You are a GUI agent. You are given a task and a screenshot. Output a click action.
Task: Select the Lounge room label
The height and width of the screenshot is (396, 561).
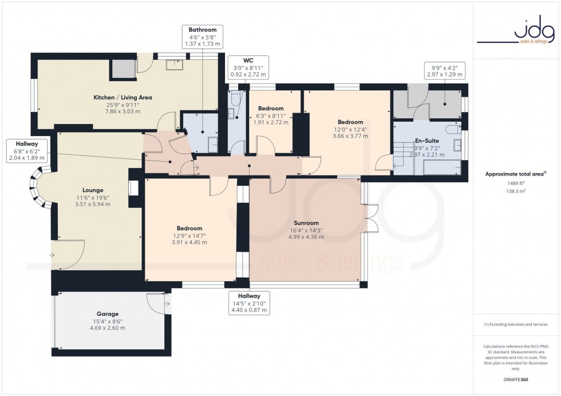click(x=92, y=190)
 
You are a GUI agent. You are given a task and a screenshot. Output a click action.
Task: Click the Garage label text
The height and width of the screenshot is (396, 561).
click(x=107, y=314)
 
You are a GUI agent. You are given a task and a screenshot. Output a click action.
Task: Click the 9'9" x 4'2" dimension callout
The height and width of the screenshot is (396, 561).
click(x=444, y=70)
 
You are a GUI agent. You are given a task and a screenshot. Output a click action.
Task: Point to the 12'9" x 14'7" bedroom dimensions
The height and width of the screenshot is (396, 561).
click(x=189, y=238)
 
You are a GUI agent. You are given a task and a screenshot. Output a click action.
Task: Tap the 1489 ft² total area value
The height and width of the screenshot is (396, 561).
click(x=516, y=183)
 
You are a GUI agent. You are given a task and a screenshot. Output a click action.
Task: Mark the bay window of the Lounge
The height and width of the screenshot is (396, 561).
click(x=38, y=187)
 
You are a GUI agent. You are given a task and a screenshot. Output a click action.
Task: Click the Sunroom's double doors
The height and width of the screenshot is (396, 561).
click(x=370, y=218)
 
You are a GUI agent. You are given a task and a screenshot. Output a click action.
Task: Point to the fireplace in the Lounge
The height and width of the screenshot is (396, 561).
click(x=133, y=188)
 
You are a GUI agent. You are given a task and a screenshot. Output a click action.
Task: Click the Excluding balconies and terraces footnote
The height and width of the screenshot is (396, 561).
click(x=516, y=325)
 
